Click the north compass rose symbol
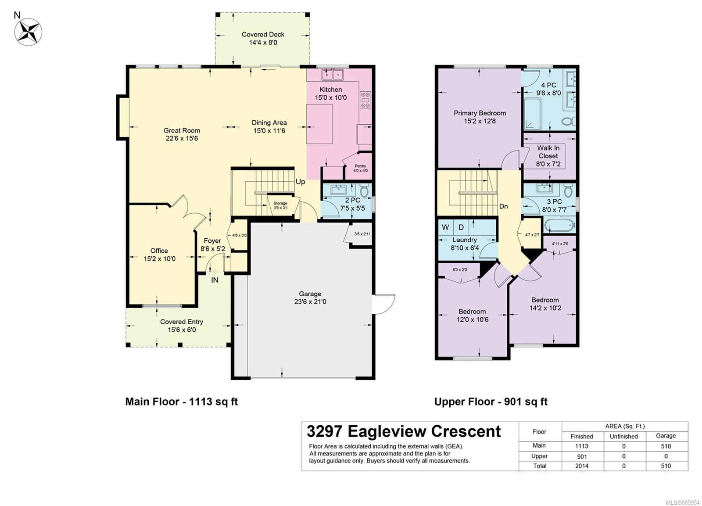tap(28, 32)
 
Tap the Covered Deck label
tap(263, 35)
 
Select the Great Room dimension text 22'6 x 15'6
tap(182, 139)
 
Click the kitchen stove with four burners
tap(365, 100)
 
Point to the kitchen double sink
tap(333, 75)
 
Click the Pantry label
tap(360, 166)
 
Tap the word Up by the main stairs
tap(300, 182)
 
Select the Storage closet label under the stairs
tap(280, 204)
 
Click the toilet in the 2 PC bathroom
tap(364, 190)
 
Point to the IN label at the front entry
tap(215, 280)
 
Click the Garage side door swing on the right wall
tap(383, 304)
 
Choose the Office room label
tap(159, 251)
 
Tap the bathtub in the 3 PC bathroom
tap(560, 226)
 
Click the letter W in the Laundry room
tap(445, 227)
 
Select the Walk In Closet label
tap(548, 152)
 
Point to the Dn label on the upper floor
tap(503, 206)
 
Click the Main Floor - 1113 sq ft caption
tap(182, 402)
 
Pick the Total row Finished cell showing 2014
tap(582, 466)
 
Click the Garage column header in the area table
tap(666, 436)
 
